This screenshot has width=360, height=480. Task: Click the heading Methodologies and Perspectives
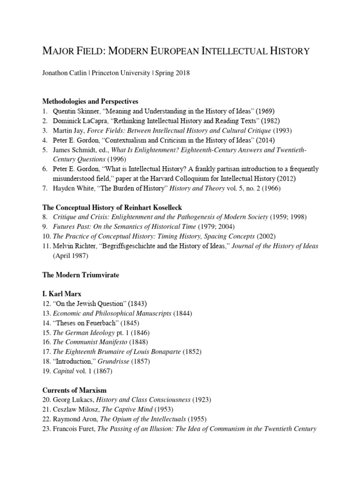tap(90, 101)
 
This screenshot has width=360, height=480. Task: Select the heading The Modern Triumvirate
tap(81, 275)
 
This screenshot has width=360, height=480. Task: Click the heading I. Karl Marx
tap(62, 294)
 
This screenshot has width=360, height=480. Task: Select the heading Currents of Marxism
tap(74, 390)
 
